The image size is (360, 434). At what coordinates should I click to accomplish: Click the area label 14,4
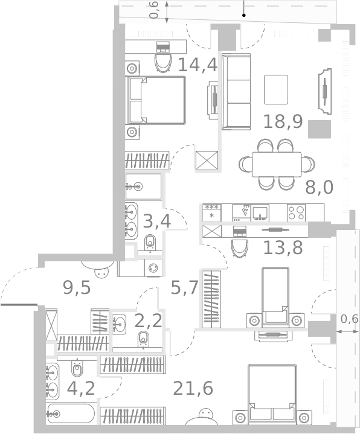pyautogui.click(x=198, y=63)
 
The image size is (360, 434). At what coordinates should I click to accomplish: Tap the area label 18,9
pyautogui.click(x=283, y=122)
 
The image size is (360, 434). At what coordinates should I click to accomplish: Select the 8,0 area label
pyautogui.click(x=319, y=187)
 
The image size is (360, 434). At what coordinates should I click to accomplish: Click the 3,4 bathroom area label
pyautogui.click(x=157, y=222)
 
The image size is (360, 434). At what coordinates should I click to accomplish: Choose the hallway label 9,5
pyautogui.click(x=77, y=287)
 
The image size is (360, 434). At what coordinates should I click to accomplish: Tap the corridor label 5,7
pyautogui.click(x=184, y=288)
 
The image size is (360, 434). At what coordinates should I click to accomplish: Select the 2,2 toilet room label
pyautogui.click(x=148, y=321)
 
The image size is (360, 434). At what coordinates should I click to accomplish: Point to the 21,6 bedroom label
pyautogui.click(x=193, y=388)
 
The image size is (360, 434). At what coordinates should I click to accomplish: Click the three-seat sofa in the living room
pyautogui.click(x=236, y=91)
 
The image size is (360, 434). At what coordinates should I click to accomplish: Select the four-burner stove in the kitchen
pyautogui.click(x=296, y=212)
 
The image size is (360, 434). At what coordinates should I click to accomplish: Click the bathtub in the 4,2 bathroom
pyautogui.click(x=71, y=414)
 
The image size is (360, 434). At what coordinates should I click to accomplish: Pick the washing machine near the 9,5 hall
pyautogui.click(x=153, y=268)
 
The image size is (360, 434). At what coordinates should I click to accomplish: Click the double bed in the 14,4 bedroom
pyautogui.click(x=156, y=100)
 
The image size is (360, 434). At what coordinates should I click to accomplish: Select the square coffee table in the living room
pyautogui.click(x=276, y=89)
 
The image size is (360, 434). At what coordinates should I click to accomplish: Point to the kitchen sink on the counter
pyautogui.click(x=260, y=212)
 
